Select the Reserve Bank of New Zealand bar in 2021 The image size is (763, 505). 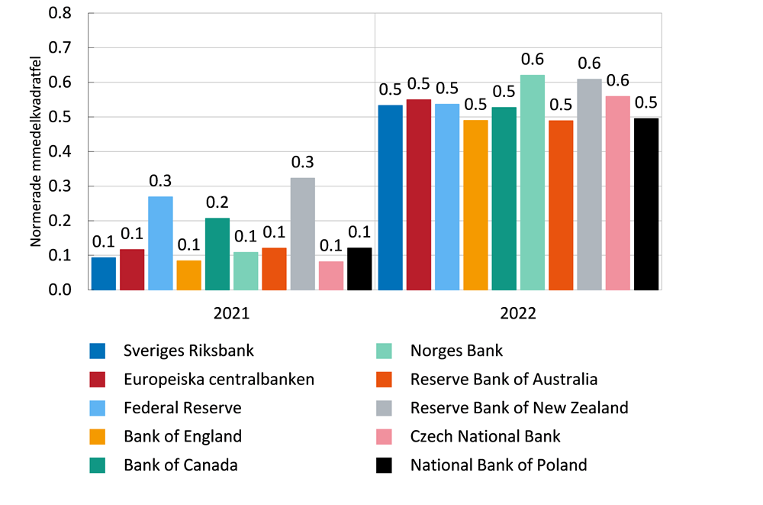click(x=302, y=234)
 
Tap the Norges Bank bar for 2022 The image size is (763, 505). click(x=533, y=183)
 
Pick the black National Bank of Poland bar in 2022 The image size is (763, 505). click(x=646, y=204)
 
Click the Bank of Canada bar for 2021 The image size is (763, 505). click(x=217, y=254)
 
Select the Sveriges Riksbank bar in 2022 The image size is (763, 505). click(x=390, y=197)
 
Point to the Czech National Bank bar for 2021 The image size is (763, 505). click(x=331, y=276)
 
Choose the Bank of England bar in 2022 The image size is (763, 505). click(x=475, y=205)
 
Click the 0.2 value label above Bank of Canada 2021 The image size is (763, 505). click(x=217, y=202)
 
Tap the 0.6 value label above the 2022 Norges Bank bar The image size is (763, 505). click(x=533, y=59)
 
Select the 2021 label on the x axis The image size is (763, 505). click(x=231, y=313)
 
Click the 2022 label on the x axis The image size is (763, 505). click(x=518, y=313)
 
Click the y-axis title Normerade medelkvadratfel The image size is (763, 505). click(x=35, y=151)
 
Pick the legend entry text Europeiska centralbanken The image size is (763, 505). click(x=219, y=379)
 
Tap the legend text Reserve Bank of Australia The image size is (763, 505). click(x=504, y=379)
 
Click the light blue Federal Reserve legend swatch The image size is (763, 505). click(x=98, y=408)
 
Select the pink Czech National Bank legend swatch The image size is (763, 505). click(x=384, y=436)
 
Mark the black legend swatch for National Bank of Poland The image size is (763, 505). click(x=384, y=465)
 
